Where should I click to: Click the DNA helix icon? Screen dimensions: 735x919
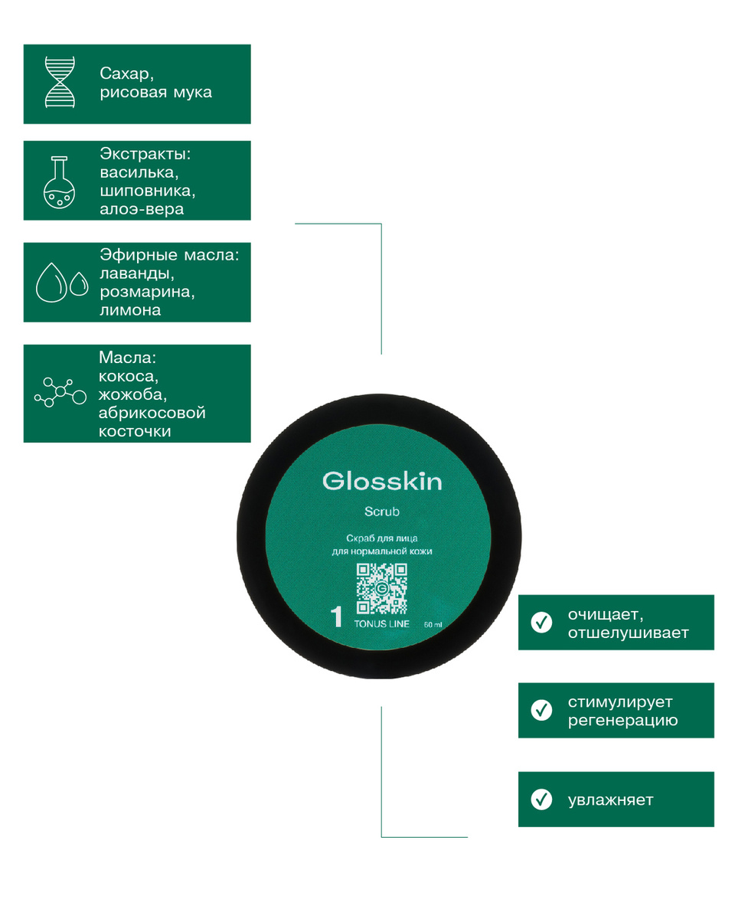coord(60,82)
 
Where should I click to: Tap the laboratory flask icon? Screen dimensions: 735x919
coord(59,182)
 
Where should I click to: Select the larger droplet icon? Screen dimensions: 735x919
coord(51,283)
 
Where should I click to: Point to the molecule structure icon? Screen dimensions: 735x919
coord(60,392)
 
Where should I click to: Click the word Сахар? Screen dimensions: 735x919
coord(126,74)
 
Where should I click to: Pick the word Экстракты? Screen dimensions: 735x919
coord(145,154)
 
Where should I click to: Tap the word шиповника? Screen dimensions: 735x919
coord(147,191)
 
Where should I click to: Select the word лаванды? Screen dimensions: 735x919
coord(137,273)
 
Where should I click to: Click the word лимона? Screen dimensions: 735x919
coord(130,310)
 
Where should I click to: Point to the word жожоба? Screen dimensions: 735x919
coord(132,394)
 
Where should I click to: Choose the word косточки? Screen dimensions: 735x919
coord(135,431)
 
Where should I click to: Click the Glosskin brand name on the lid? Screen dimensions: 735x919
coord(382,481)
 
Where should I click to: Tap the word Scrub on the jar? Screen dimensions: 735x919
coord(382,511)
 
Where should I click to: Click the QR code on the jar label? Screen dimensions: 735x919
coord(382,589)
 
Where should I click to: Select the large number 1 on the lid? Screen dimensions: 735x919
coord(337,617)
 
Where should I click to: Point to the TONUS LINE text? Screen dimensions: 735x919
coord(381,624)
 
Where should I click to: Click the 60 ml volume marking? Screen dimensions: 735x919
coord(433,625)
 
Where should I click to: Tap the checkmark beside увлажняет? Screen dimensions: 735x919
coord(541,799)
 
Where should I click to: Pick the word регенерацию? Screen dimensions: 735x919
coord(622,721)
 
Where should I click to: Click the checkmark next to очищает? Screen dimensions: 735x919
coord(541,622)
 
